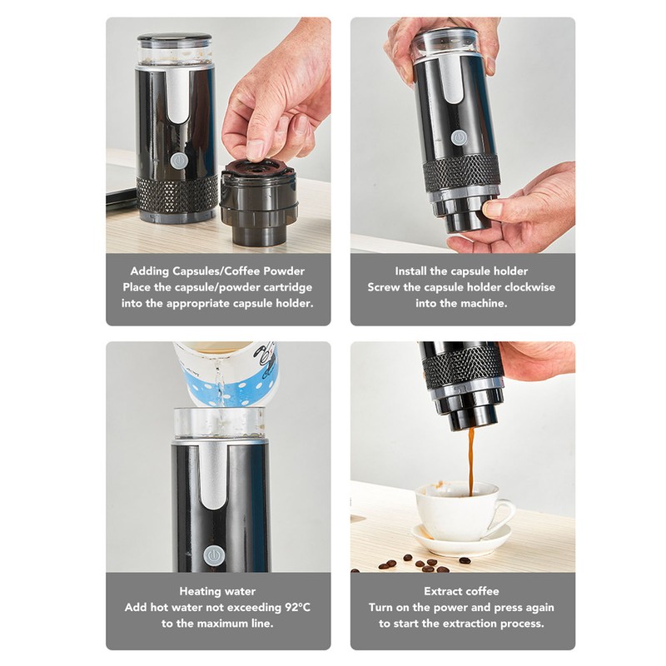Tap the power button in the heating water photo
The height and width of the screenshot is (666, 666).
tap(215, 554)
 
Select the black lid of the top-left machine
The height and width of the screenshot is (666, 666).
tap(175, 38)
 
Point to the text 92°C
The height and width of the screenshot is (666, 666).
tap(292, 607)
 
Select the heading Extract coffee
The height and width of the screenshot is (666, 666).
tap(462, 591)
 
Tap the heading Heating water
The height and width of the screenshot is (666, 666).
tap(217, 591)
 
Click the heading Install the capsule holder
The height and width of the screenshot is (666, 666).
tap(462, 271)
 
